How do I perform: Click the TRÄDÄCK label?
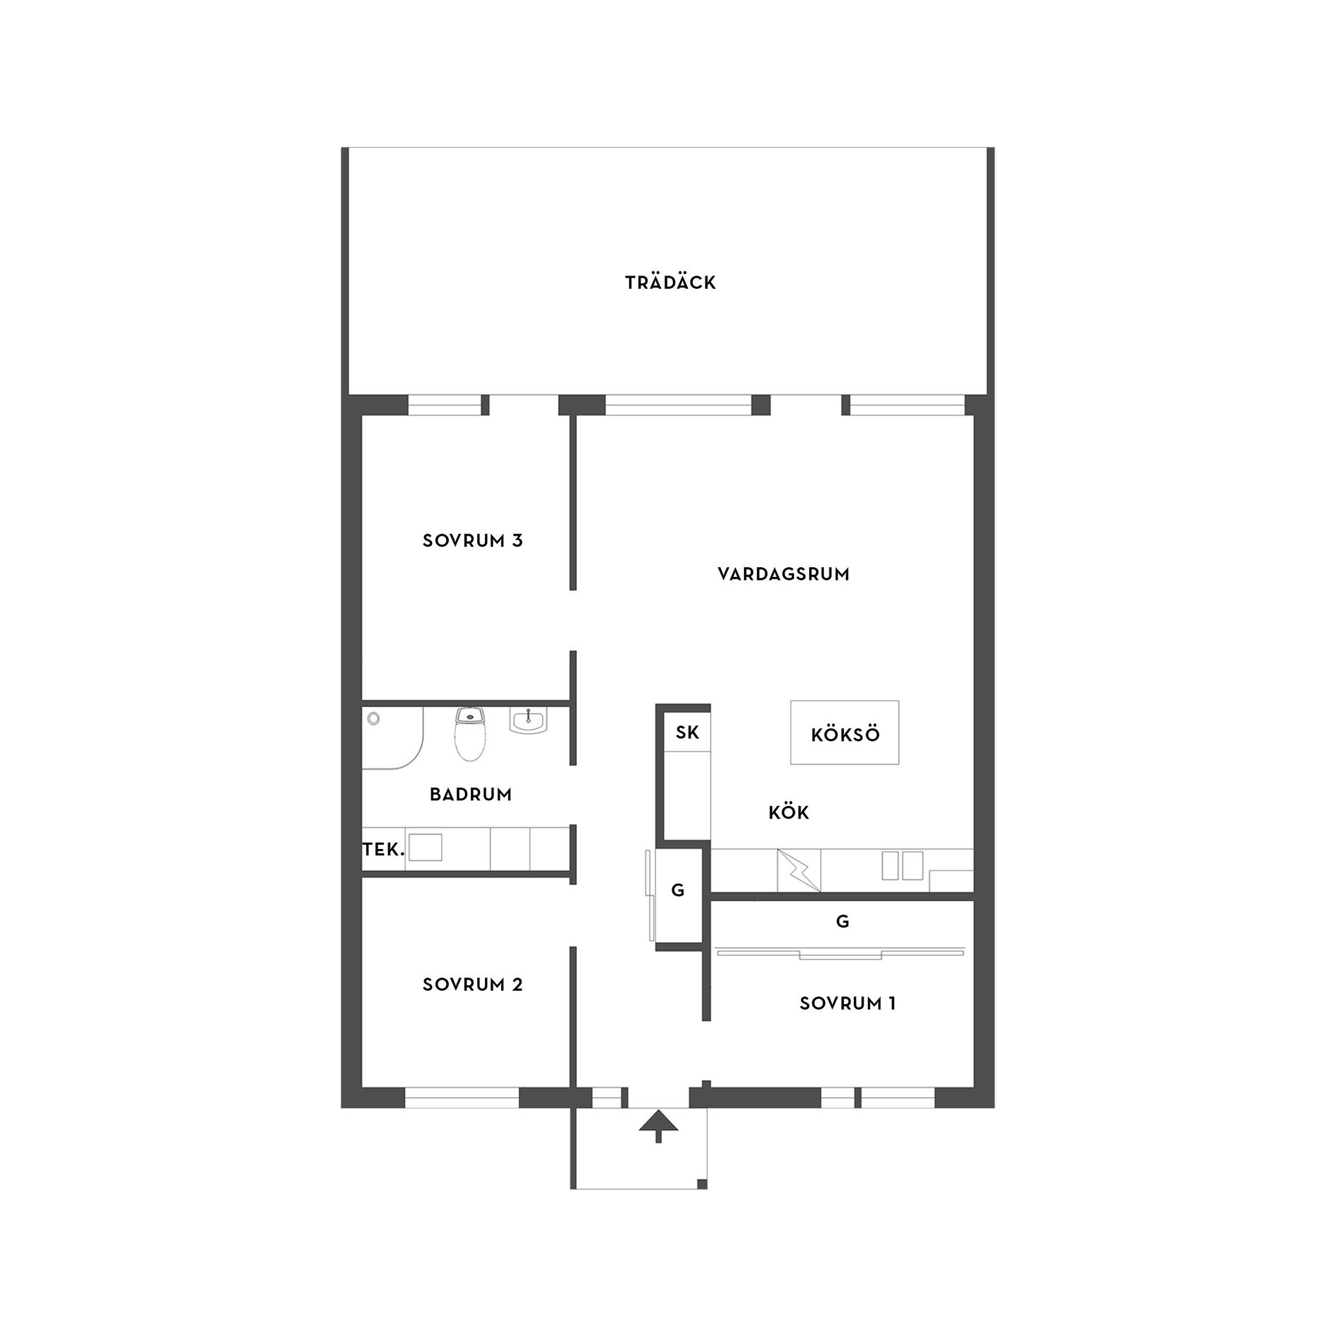pyautogui.click(x=670, y=283)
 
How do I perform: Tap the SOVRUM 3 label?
pyautogui.click(x=472, y=541)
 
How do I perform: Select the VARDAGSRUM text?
pyautogui.click(x=784, y=574)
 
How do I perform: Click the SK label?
pyautogui.click(x=687, y=732)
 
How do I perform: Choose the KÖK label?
pyautogui.click(x=789, y=812)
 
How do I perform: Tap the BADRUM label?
pyautogui.click(x=470, y=795)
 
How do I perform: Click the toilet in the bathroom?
pyautogui.click(x=469, y=733)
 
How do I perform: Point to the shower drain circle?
pyautogui.click(x=374, y=717)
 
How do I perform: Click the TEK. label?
pyautogui.click(x=383, y=849)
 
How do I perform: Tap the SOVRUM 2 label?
pyautogui.click(x=472, y=985)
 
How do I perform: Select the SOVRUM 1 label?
pyautogui.click(x=848, y=1003)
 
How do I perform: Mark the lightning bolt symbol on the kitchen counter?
pyautogui.click(x=799, y=870)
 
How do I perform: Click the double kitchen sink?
pyautogui.click(x=902, y=866)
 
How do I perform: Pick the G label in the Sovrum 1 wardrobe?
pyautogui.click(x=843, y=922)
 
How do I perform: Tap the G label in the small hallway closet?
pyautogui.click(x=677, y=890)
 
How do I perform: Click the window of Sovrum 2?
pyautogui.click(x=462, y=1097)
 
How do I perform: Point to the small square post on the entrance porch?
pyautogui.click(x=701, y=1184)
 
